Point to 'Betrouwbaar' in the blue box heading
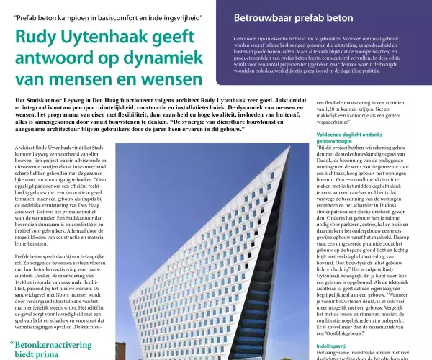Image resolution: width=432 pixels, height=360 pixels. coord(268,17)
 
